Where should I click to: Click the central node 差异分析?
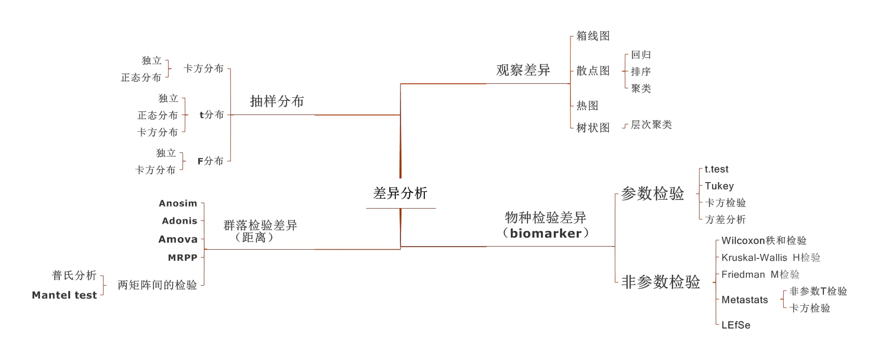(x=400, y=194)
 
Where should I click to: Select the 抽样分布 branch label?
(x=277, y=101)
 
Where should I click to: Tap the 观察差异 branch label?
(x=523, y=70)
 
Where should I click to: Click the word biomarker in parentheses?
(x=546, y=233)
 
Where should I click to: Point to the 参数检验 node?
(x=652, y=194)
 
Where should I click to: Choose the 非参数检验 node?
(x=661, y=282)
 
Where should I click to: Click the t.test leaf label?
(x=716, y=169)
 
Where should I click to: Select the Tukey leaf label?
(x=719, y=186)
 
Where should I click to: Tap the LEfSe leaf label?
(x=735, y=325)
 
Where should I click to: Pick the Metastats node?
(x=744, y=300)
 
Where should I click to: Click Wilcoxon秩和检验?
(x=763, y=240)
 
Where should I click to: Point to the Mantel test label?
(x=64, y=295)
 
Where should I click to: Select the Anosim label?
(x=178, y=203)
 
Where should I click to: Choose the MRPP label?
(x=183, y=258)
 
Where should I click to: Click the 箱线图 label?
(x=593, y=36)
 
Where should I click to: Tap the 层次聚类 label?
(x=651, y=125)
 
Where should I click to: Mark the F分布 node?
(x=210, y=161)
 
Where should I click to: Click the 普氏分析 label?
(x=74, y=275)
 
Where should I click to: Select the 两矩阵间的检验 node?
(x=157, y=285)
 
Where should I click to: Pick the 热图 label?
(x=587, y=106)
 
